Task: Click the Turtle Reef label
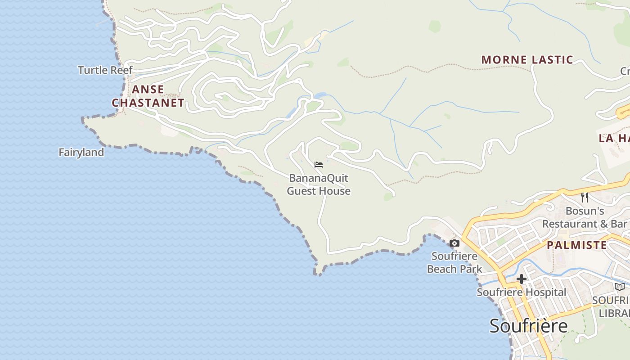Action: tap(105, 70)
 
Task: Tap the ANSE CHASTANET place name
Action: tap(148, 96)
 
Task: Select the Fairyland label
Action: tap(81, 153)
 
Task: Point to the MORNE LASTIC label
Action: tap(527, 59)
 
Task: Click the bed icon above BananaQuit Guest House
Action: tap(319, 165)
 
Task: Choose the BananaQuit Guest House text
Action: tap(319, 184)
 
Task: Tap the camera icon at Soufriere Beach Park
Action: tap(454, 243)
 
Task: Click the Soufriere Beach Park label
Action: tap(454, 263)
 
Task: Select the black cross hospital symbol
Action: tap(521, 279)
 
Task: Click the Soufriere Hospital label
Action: tap(521, 292)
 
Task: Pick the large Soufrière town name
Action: tap(528, 325)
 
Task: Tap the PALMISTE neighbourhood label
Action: tap(576, 245)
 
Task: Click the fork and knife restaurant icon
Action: tap(584, 197)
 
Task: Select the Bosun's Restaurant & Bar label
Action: tap(584, 217)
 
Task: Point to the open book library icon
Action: tap(620, 287)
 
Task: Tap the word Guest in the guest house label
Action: tap(302, 191)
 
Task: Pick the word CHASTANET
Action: tap(148, 103)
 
